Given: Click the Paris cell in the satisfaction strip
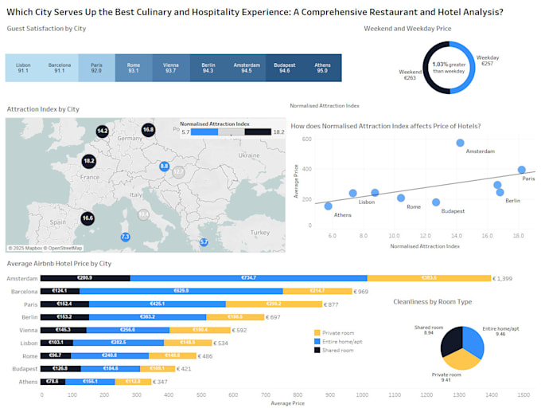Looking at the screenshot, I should click(x=96, y=68).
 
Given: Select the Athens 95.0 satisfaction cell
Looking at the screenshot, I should click(x=323, y=68).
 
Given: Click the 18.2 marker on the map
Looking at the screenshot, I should click(x=88, y=160).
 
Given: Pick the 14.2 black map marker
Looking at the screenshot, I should click(x=102, y=130).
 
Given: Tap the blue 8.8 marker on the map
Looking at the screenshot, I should click(x=165, y=166).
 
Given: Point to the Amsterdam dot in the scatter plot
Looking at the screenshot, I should click(x=460, y=143).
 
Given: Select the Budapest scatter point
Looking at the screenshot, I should click(x=436, y=202).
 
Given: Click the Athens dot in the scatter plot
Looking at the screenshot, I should click(x=328, y=206).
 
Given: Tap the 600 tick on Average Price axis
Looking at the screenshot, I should click(x=306, y=139).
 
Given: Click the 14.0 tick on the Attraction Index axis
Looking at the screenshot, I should click(x=456, y=236).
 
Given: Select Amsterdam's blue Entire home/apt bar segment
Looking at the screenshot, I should click(x=248, y=278).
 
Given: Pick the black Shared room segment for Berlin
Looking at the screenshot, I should click(x=64, y=317).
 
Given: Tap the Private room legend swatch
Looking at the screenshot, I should click(x=317, y=332).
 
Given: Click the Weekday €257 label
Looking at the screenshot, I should click(x=488, y=61).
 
